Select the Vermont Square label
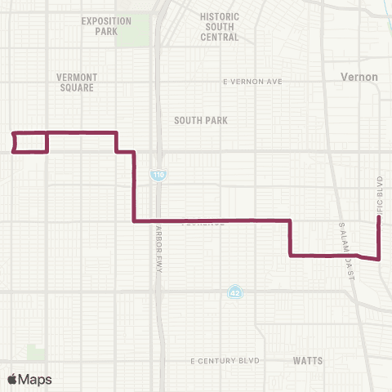point(77,82)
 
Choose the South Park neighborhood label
point(200,120)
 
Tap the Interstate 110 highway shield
point(155,175)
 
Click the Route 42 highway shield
point(234,292)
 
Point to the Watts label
point(308,360)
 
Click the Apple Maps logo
point(29,379)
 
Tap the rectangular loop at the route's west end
point(30,141)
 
